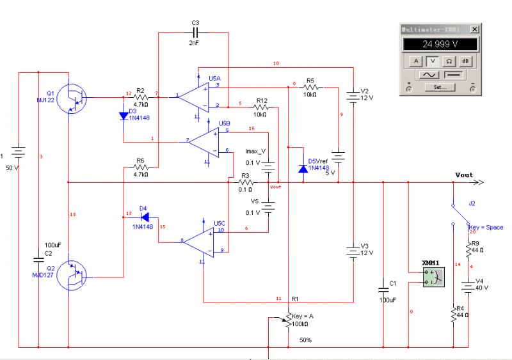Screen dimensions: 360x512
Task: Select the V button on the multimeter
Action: (433, 61)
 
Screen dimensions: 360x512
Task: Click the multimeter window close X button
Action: (474, 29)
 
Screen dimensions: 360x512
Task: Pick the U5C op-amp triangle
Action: (201, 240)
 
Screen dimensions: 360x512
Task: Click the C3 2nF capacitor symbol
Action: (196, 32)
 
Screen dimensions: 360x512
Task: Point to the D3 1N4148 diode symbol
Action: (123, 116)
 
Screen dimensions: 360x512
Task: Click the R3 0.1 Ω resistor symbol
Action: (245, 182)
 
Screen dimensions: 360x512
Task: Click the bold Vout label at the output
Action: (464, 175)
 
